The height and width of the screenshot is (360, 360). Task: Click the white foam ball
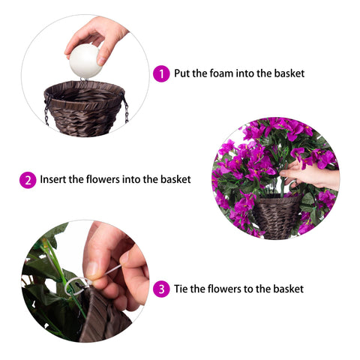tap(85, 61)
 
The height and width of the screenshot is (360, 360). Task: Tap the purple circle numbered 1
tap(161, 73)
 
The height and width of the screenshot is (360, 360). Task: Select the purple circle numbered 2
tap(28, 180)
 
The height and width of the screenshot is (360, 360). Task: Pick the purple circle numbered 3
tap(161, 289)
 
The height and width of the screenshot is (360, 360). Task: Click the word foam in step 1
tap(221, 73)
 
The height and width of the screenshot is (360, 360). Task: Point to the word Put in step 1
tap(182, 73)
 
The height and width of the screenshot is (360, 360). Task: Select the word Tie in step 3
tap(181, 289)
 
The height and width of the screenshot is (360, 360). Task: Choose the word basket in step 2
tap(175, 179)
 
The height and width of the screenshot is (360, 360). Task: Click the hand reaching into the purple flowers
tap(310, 175)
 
